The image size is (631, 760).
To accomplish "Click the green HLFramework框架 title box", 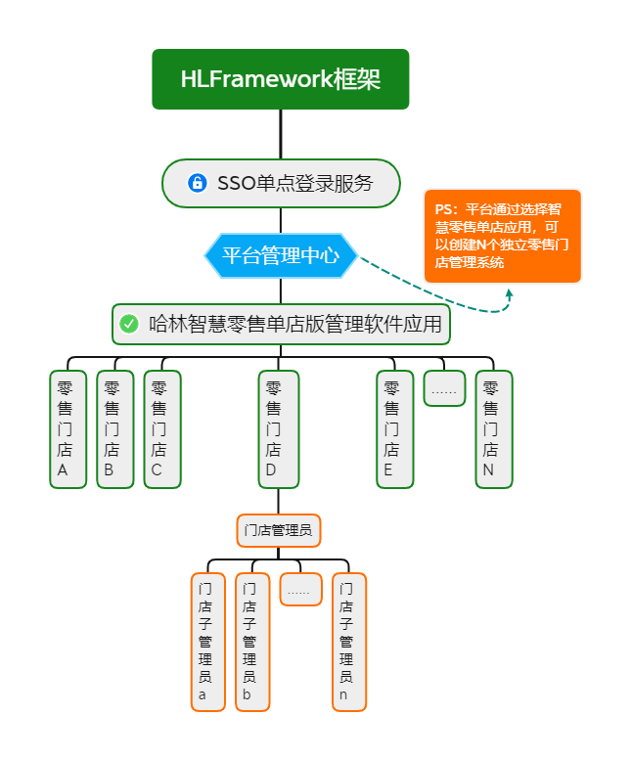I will pyautogui.click(x=281, y=79).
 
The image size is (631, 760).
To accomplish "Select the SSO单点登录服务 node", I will pyautogui.click(x=281, y=183).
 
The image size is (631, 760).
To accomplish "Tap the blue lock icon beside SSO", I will pyautogui.click(x=197, y=183).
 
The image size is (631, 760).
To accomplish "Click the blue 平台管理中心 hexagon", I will pyautogui.click(x=281, y=255).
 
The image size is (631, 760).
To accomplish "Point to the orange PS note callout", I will pyautogui.click(x=503, y=236).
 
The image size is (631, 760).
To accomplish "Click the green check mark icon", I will pyautogui.click(x=129, y=324).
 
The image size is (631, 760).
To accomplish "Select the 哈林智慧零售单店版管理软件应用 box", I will pyautogui.click(x=281, y=324).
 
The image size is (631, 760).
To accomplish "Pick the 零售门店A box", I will pyautogui.click(x=68, y=429).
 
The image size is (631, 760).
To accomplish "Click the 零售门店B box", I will pyautogui.click(x=114, y=429).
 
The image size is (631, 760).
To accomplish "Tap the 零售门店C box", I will pyautogui.click(x=161, y=429).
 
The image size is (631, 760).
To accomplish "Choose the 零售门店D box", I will pyautogui.click(x=279, y=429).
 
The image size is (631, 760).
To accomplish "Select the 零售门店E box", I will pyautogui.click(x=395, y=429).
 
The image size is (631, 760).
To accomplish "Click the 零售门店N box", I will pyautogui.click(x=493, y=429).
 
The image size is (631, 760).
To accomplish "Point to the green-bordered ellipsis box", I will pyautogui.click(x=444, y=389).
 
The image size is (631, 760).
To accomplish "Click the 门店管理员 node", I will pyautogui.click(x=279, y=531).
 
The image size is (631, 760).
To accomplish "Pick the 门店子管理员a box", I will pyautogui.click(x=207, y=642).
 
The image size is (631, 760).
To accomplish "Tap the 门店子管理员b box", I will pyautogui.click(x=252, y=642).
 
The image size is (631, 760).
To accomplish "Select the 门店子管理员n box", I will pyautogui.click(x=348, y=642).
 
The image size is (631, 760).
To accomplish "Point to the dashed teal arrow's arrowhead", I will pyautogui.click(x=509, y=292).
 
